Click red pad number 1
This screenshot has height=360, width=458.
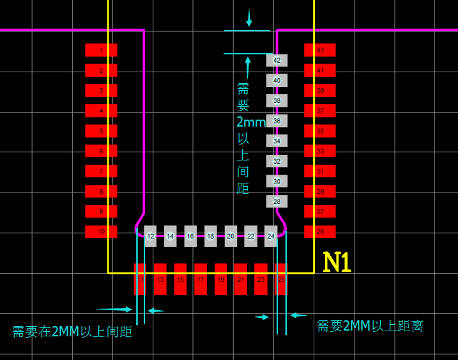tap(101, 50)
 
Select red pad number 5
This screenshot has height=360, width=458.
tap(101, 131)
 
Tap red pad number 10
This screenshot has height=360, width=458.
tap(101, 231)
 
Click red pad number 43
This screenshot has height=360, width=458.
tap(320, 50)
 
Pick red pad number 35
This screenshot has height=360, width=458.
tap(320, 131)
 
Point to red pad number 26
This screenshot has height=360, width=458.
tap(320, 231)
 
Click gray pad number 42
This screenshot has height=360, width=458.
tap(277, 60)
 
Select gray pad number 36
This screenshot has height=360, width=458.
tap(277, 121)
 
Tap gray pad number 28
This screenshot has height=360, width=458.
tap(277, 201)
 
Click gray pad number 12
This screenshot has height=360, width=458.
tap(150, 236)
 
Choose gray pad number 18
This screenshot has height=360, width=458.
tap(210, 236)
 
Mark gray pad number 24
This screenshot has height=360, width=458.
tap(271, 236)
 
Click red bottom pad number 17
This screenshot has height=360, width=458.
tap(201, 279)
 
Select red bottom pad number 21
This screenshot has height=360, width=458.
tap(240, 279)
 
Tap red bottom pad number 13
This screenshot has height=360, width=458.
tap(160, 279)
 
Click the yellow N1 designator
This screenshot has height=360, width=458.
tap(337, 262)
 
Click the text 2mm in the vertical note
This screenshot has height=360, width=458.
tap(250, 122)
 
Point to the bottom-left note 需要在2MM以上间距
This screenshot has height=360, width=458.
tap(72, 332)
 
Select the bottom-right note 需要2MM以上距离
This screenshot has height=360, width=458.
tap(370, 326)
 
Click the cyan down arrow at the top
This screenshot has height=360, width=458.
tap(249, 19)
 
